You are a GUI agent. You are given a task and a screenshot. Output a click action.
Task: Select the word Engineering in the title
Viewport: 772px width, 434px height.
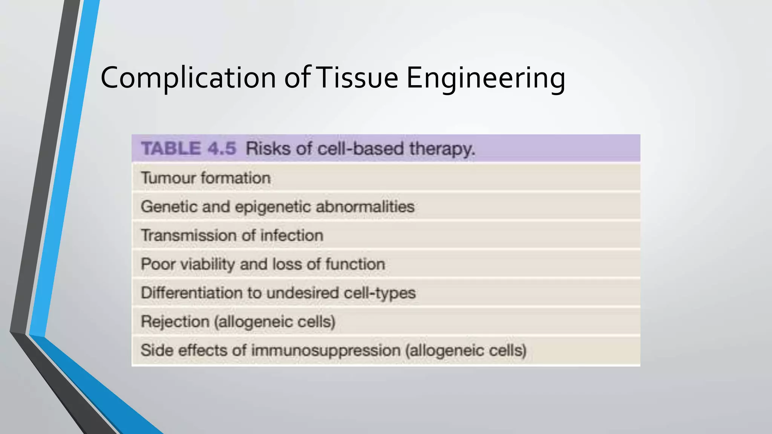point(486,78)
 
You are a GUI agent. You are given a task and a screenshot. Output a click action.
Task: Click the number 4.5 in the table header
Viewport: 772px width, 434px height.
point(222,148)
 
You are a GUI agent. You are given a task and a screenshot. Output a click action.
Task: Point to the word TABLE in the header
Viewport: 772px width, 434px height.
point(171,148)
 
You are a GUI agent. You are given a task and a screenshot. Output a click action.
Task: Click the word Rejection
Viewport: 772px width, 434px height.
point(175,322)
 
